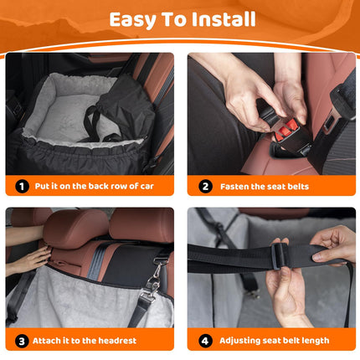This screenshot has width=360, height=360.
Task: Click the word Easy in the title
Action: coord(135,20)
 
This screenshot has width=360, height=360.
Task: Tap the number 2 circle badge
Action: coord(204,187)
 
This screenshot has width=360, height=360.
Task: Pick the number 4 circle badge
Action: coord(204,340)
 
